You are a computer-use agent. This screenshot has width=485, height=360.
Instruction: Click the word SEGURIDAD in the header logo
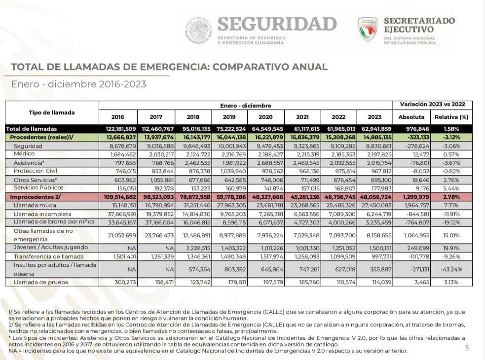[277, 24]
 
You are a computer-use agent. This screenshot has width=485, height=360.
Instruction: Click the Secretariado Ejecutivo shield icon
[368, 30]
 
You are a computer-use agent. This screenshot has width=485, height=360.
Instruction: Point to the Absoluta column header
[411, 117]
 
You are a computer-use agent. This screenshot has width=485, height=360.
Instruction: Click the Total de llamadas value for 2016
[117, 129]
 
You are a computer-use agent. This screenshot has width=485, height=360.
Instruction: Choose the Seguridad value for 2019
[230, 146]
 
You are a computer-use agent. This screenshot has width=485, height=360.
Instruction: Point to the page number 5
[467, 348]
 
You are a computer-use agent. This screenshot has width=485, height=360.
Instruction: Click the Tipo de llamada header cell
[52, 112]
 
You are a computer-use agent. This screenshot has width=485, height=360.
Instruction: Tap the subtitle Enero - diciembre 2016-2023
[78, 84]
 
